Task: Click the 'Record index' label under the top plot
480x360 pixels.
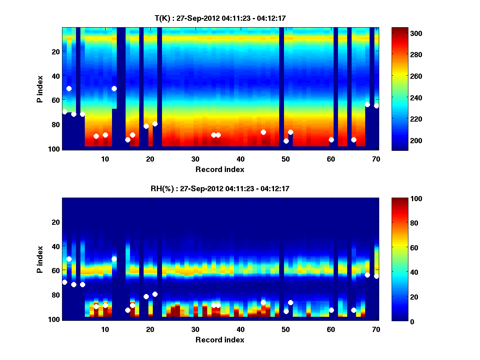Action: [220, 169]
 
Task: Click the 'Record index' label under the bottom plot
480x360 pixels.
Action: [220, 340]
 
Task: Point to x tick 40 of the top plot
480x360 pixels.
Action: [240, 158]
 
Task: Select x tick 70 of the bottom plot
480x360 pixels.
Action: [376, 329]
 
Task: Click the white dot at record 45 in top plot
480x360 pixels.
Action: [263, 132]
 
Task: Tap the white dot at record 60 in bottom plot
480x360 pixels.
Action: [331, 310]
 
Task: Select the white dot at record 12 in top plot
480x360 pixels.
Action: [114, 88]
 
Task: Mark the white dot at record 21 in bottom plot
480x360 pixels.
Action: [155, 294]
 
